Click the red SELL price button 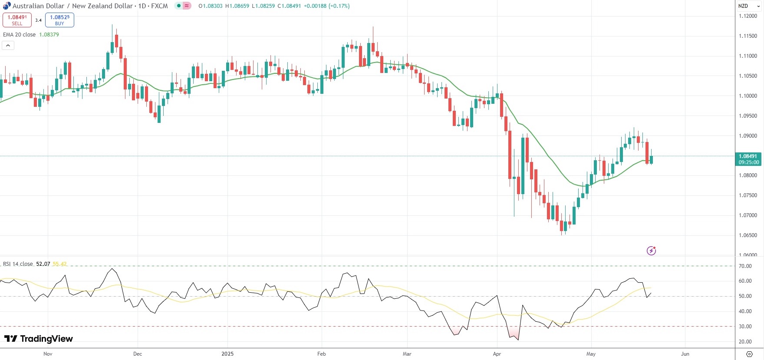(17, 20)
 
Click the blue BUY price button (59, 20)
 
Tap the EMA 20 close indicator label (20, 35)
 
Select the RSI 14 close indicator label (18, 264)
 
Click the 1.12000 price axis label (748, 16)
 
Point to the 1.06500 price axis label (748, 235)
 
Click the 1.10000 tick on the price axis (748, 96)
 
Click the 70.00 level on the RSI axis (745, 266)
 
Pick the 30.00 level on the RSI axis (745, 327)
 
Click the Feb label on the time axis (321, 354)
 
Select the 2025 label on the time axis (227, 354)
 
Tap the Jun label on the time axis (685, 354)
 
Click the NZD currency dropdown (749, 6)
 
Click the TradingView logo (39, 339)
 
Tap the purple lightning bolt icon (651, 251)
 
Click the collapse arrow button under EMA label (8, 45)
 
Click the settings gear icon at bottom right (749, 354)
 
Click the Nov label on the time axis (48, 354)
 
